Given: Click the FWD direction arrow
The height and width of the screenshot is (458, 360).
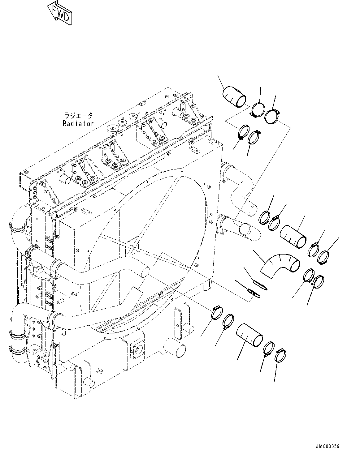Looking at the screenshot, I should point(61,12).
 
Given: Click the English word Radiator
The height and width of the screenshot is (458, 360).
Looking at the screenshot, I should point(78,123).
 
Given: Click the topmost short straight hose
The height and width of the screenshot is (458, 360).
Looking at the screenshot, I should point(234,96).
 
